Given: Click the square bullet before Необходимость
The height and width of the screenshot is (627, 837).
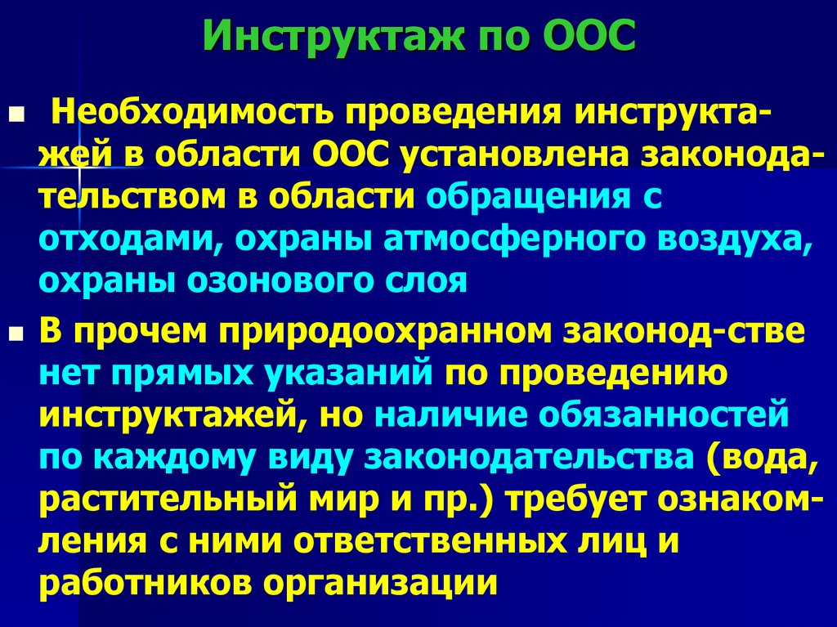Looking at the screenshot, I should [14, 111].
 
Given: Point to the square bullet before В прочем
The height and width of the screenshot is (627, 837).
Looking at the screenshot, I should [14, 335].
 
